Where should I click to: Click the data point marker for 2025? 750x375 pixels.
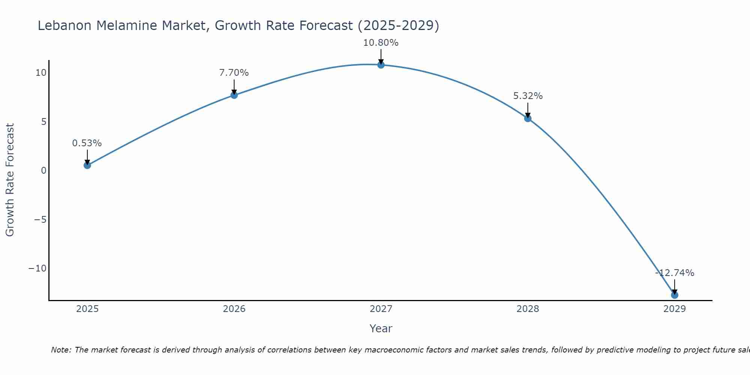point(87,165)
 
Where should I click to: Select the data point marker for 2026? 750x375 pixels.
point(234,95)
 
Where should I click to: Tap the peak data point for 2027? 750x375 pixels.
point(381,65)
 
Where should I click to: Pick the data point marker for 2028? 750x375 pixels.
point(528,118)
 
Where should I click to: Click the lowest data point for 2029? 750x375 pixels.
point(675,295)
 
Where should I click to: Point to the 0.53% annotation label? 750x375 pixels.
point(87,143)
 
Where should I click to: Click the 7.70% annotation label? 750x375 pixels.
point(234,73)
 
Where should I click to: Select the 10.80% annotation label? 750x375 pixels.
point(381,43)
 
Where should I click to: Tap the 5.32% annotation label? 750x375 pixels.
point(528,96)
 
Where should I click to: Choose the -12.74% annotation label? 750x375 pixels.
point(675,273)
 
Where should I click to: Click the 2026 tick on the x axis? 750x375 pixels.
point(234,309)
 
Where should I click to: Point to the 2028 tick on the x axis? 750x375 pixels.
point(528,309)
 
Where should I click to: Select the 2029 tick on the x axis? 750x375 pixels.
point(675,309)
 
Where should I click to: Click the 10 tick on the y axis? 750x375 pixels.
point(41,73)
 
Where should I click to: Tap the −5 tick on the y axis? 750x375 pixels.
point(40,219)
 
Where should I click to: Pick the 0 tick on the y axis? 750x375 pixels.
point(44,171)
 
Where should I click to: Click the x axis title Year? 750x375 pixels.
point(381,328)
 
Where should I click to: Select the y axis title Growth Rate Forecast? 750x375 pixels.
point(10,180)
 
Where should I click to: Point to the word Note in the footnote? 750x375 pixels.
point(60,350)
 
